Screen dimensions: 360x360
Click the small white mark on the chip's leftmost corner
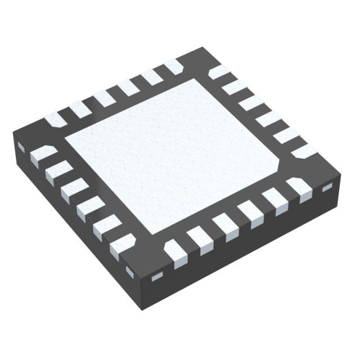click(x=21, y=147)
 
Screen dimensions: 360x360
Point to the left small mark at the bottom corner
click(x=130, y=272)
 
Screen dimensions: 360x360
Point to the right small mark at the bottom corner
click(x=157, y=276)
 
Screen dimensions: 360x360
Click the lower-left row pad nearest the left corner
click(x=43, y=154)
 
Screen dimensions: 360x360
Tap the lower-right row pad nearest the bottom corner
click(x=175, y=251)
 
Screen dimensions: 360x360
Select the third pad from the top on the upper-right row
click(x=251, y=103)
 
